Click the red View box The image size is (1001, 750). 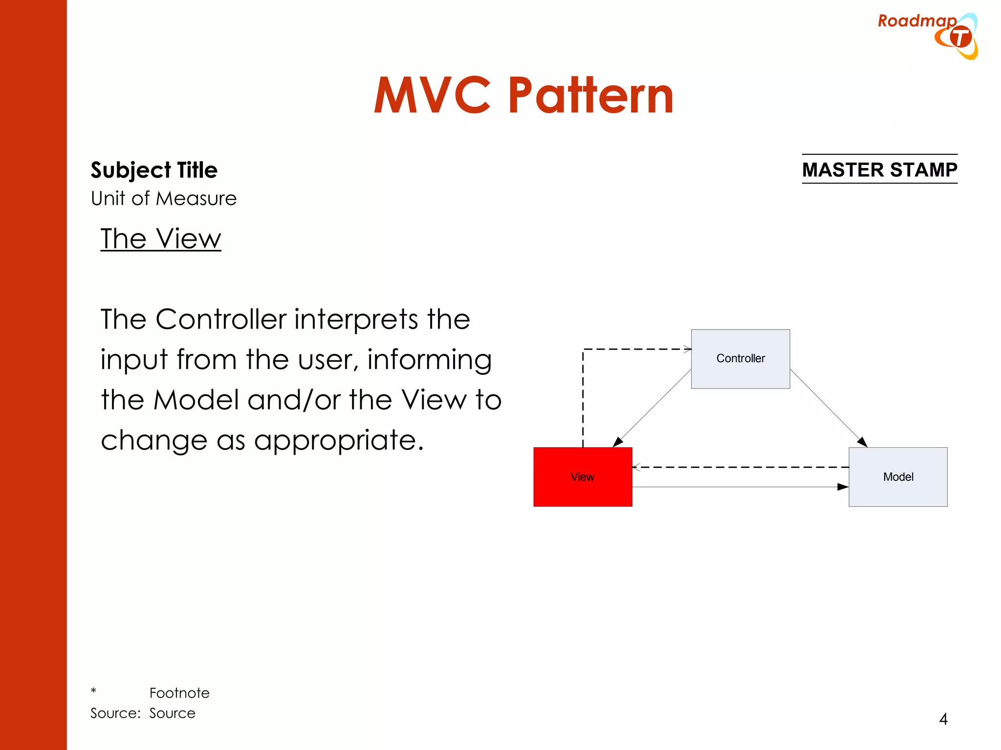coord(583,477)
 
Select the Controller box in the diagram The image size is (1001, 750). coord(740,359)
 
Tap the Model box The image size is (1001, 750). coord(898,477)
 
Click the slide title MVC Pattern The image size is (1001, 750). coord(523,96)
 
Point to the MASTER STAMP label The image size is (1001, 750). coord(879,169)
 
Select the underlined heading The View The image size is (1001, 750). coord(161,239)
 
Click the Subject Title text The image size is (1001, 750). coord(154,170)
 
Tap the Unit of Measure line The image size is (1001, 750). coord(164,199)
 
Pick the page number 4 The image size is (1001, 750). coord(943,719)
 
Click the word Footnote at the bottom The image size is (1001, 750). coord(179,693)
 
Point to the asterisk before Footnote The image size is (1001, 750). coord(93,691)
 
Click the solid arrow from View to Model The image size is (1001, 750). coord(740,487)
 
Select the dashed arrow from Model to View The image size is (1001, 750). coord(740,467)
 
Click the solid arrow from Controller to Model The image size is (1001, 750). coord(828,408)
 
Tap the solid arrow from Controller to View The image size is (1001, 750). coord(653,408)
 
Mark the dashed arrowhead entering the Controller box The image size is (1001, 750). coord(687,349)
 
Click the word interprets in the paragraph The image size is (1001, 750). coord(356,320)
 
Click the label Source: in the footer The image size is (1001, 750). coord(116,713)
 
